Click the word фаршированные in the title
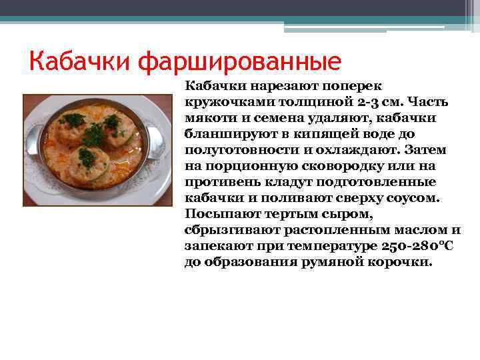click(239, 62)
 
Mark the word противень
click(221, 182)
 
